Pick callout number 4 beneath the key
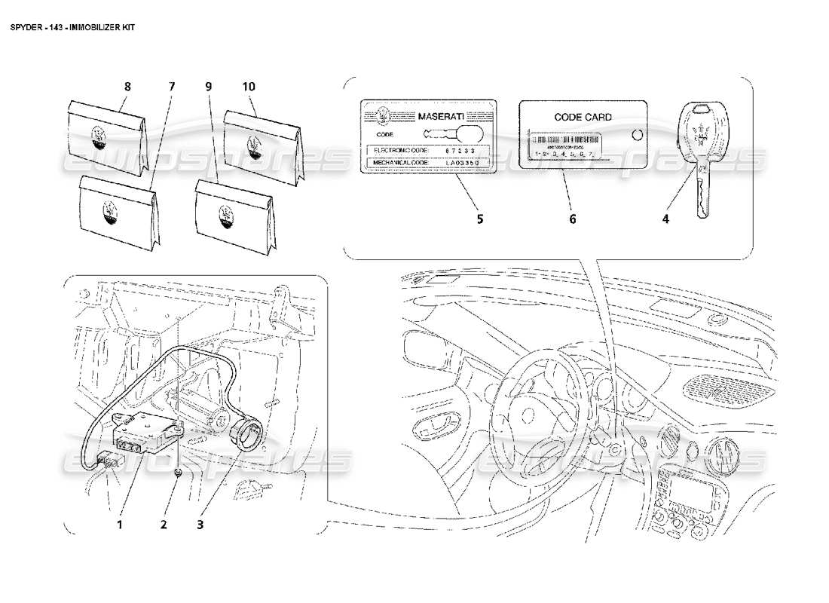coord(665,219)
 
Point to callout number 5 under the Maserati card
coord(479,219)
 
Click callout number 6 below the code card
coord(572,219)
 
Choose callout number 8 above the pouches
coord(127,87)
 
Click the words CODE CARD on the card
coord(583,117)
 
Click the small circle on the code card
coord(635,135)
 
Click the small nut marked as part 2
coord(177,473)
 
